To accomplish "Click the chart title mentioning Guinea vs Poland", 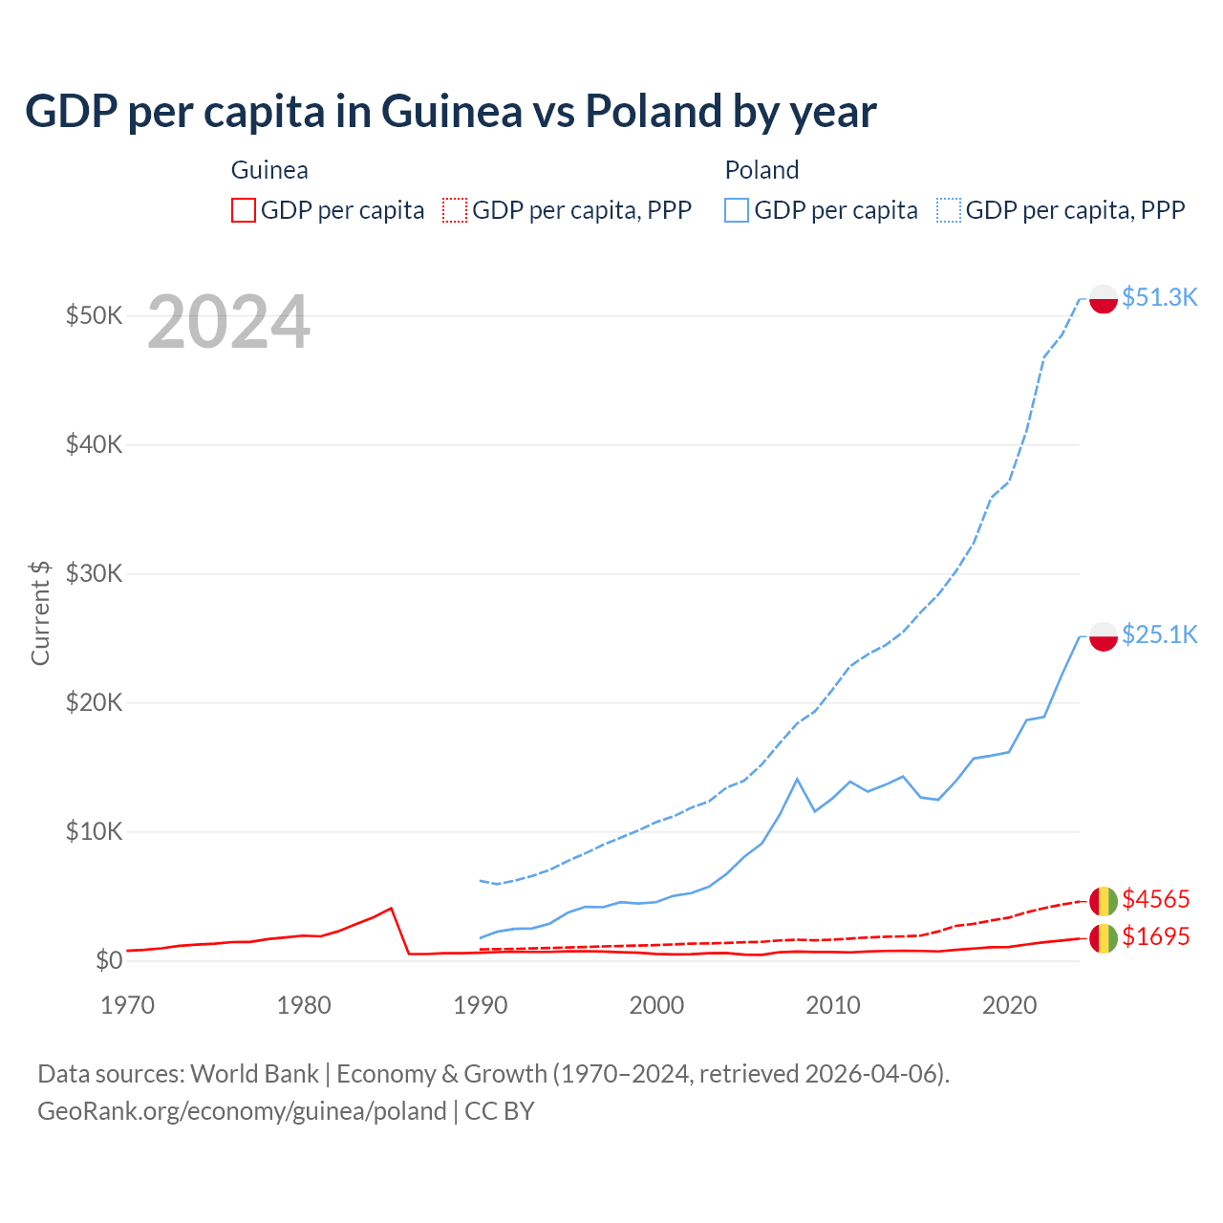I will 450,112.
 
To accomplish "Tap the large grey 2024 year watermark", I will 228,323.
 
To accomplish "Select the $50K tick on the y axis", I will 95,315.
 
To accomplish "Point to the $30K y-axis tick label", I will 95,573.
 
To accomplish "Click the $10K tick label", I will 95,831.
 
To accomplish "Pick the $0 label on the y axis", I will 109,960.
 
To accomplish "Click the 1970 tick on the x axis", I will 127,1005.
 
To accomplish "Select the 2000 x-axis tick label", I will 656,1005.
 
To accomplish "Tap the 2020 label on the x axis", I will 1009,1005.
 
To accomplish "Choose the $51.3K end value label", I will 1159,297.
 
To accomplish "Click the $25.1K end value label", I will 1159,634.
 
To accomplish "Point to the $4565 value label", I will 1155,899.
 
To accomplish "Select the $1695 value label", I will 1155,936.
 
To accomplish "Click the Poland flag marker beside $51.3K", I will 1104,299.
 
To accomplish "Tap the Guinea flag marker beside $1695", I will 1104,938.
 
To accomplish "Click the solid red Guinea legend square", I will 244,210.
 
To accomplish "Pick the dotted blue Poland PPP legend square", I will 949,210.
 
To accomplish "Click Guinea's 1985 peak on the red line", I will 391,908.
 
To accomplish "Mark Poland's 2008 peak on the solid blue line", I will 797,779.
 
